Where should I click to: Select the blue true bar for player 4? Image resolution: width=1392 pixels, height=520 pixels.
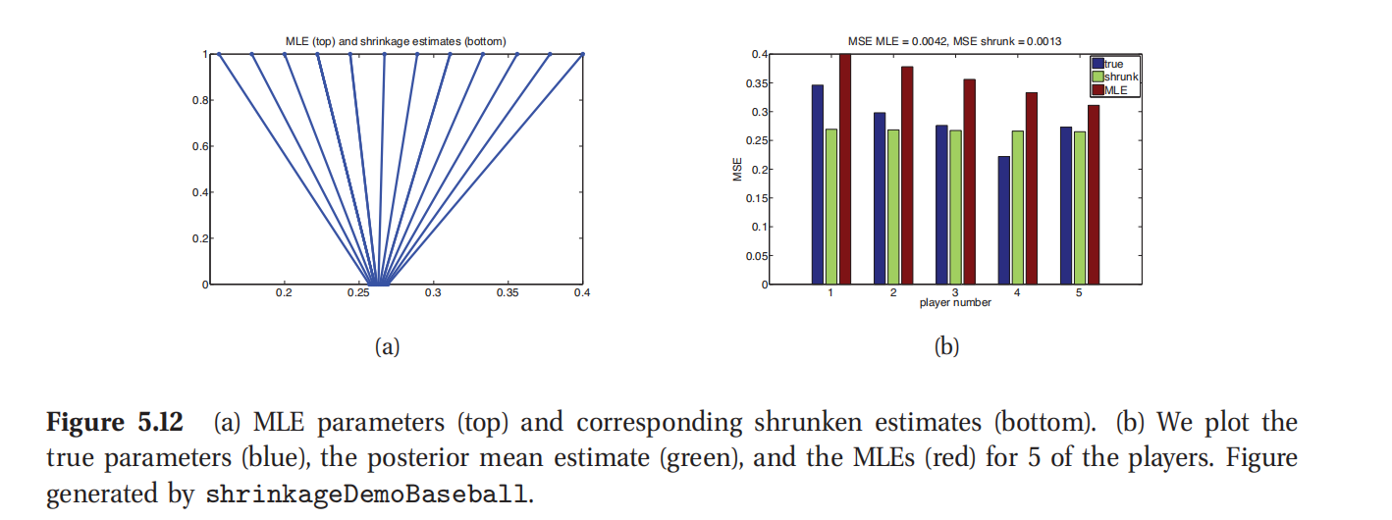pos(1003,220)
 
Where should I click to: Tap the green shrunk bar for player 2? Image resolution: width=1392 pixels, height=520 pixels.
pos(892,206)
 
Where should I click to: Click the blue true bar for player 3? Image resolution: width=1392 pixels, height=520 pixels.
pos(941,204)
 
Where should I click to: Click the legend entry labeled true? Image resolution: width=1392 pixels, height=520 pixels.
pos(1113,64)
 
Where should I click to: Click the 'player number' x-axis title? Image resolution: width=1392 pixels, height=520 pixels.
pos(954,302)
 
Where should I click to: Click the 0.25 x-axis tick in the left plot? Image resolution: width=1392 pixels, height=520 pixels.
pos(359,292)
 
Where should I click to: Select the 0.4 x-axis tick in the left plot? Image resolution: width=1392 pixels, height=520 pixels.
pos(582,292)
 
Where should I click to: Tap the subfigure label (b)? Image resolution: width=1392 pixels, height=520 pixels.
pos(945,346)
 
